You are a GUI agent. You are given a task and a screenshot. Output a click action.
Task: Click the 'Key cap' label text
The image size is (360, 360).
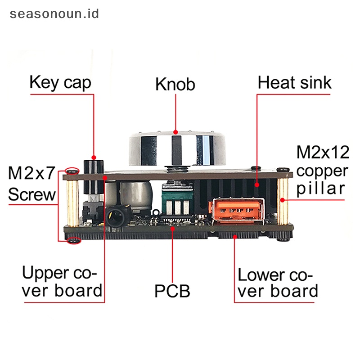click(60, 83)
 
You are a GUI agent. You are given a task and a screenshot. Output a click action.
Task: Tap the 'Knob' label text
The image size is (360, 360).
click(175, 84)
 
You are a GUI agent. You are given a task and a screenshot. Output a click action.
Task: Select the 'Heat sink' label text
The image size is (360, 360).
click(294, 83)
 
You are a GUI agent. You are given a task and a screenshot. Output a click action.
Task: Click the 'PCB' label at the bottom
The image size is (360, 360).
click(172, 291)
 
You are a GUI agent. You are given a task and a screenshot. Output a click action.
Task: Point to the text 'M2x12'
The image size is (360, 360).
click(322, 153)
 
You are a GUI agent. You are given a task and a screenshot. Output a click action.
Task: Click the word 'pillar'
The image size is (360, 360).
click(322, 188)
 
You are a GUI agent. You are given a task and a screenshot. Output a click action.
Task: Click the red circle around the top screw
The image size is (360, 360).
click(72, 171)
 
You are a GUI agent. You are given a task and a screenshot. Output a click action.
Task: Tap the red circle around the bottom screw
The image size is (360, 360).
click(73, 241)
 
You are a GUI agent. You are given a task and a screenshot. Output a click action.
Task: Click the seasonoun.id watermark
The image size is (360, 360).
click(54, 13)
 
